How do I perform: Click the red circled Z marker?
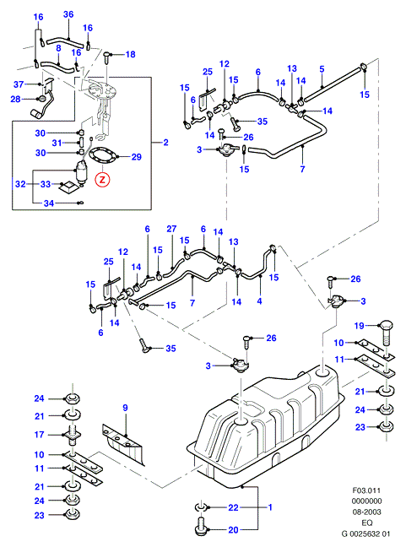pyautogui.click(x=102, y=180)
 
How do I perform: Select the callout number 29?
pyautogui.click(x=137, y=157)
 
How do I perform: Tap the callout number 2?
pyautogui.click(x=165, y=143)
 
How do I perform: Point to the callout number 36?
pyautogui.click(x=68, y=14)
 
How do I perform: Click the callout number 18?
pyautogui.click(x=130, y=54)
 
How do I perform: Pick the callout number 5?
pyautogui.click(x=322, y=69)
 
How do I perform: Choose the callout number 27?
pyautogui.click(x=171, y=229)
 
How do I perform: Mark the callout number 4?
pyautogui.click(x=259, y=301)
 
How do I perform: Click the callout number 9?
pyautogui.click(x=125, y=408)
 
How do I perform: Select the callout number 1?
pyautogui.click(x=269, y=507)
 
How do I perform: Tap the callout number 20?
pyautogui.click(x=233, y=530)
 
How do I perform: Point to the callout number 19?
pyautogui.click(x=360, y=326)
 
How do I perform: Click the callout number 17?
pyautogui.click(x=39, y=435)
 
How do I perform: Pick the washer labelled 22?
pyautogui.click(x=199, y=506)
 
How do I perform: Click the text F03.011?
pyautogui.click(x=366, y=490)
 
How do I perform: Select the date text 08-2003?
pyautogui.click(x=366, y=512)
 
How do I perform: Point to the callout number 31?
pyautogui.click(x=57, y=143)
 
